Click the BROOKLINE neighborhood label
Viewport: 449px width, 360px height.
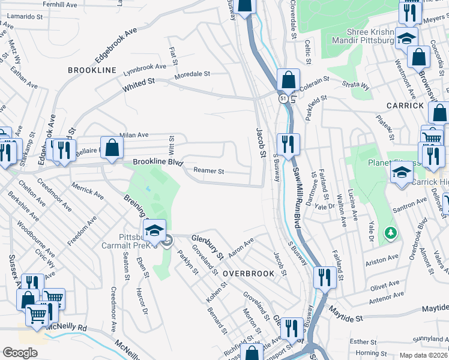[x=92, y=70]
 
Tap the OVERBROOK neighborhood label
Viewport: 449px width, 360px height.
[x=249, y=273]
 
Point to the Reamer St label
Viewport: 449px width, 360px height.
[x=208, y=171]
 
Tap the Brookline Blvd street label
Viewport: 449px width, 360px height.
[x=157, y=162]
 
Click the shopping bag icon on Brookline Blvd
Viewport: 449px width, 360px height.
[x=112, y=147]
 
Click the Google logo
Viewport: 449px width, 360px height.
[x=19, y=352]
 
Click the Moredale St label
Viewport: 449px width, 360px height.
[x=191, y=75]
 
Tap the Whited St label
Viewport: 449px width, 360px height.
[x=139, y=85]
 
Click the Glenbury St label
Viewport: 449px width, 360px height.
[x=207, y=247]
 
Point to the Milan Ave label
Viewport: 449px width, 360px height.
[x=134, y=136]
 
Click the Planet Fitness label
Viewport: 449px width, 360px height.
[x=385, y=163]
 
